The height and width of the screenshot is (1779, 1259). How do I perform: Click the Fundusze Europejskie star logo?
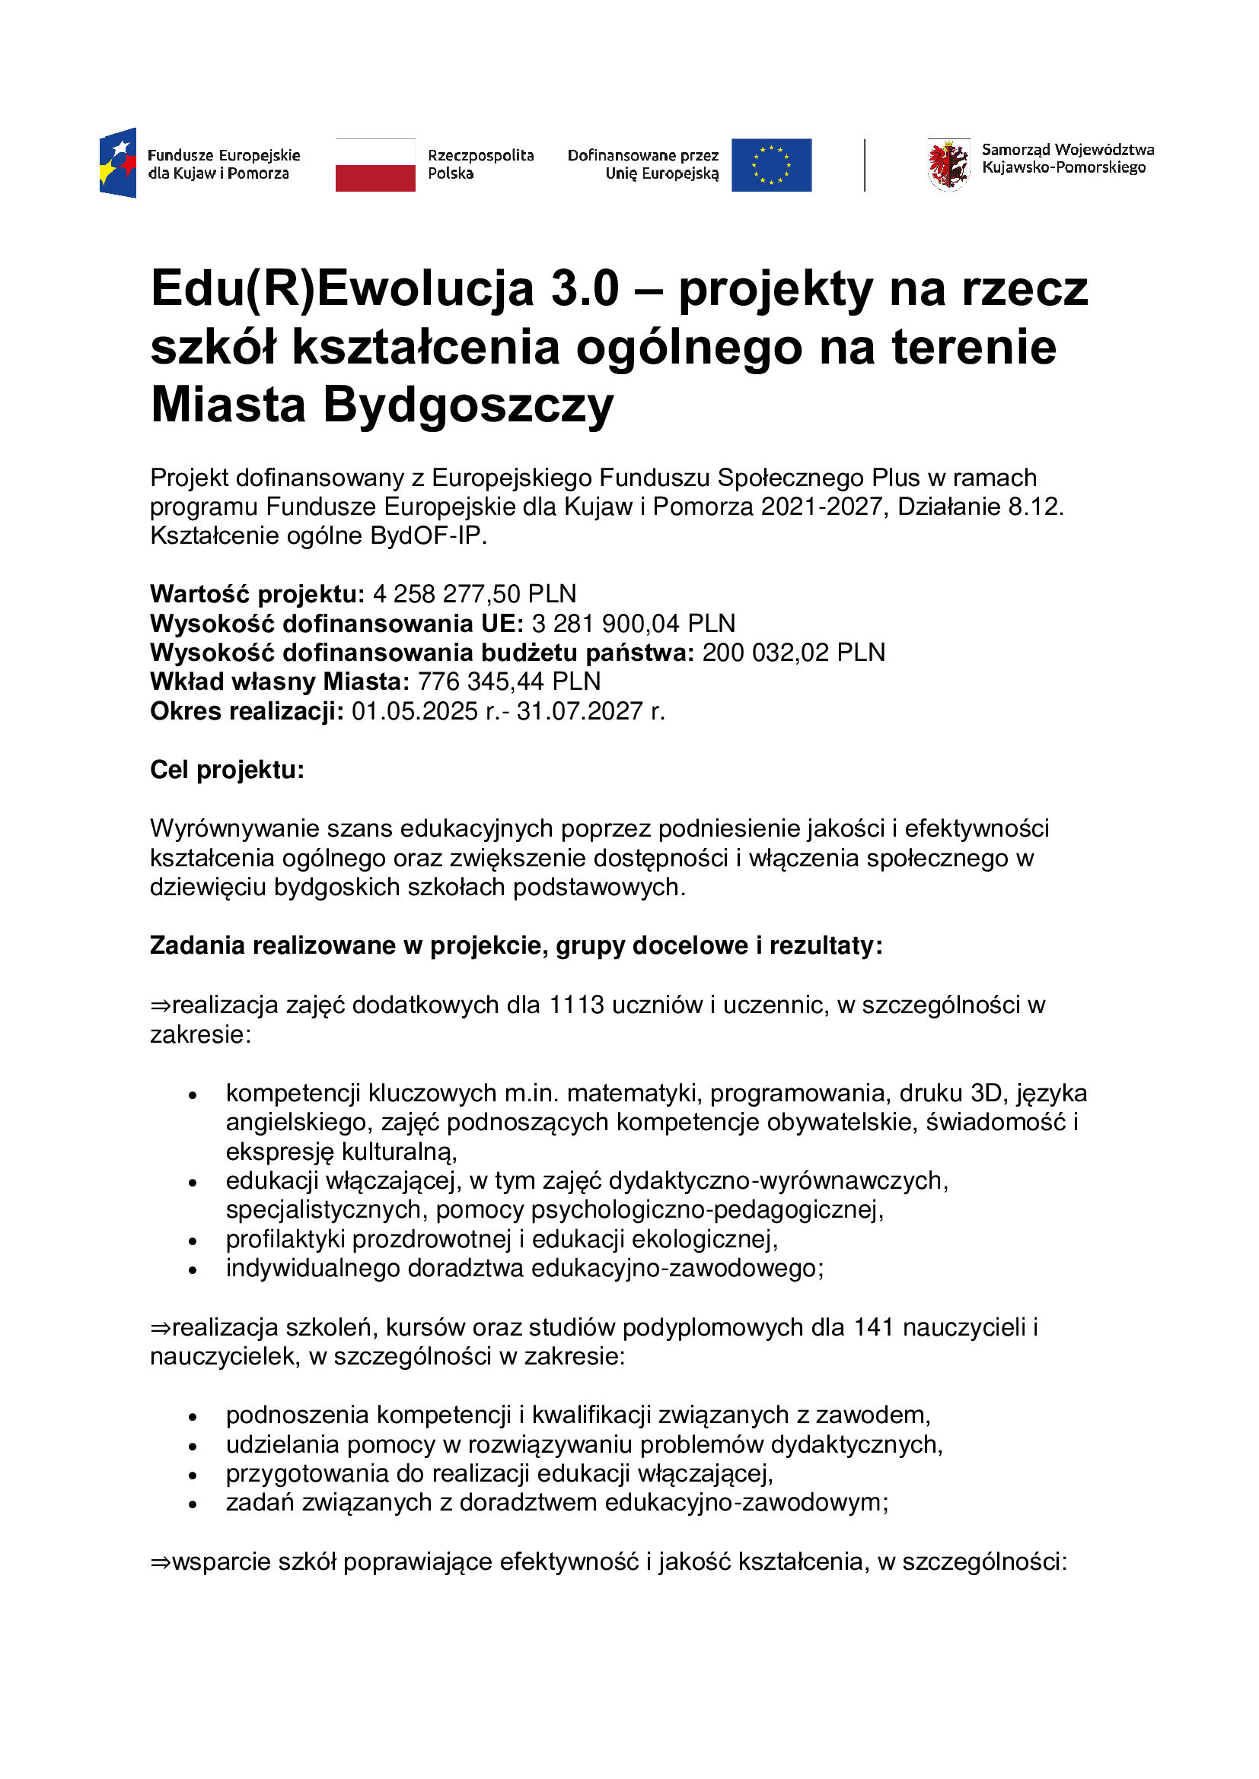tap(118, 163)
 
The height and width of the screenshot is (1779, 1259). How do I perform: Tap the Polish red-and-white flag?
tap(375, 165)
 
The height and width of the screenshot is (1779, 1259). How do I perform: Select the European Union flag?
tap(771, 165)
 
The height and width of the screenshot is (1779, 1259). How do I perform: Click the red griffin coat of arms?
tap(948, 164)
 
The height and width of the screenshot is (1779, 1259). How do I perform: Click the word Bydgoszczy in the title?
tap(468, 405)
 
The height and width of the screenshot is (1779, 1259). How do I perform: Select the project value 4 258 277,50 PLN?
tap(474, 594)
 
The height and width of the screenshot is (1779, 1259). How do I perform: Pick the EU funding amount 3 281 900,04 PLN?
tap(633, 624)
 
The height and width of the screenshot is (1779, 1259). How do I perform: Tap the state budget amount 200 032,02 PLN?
tap(794, 653)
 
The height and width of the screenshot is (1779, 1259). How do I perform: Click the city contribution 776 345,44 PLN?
tap(509, 681)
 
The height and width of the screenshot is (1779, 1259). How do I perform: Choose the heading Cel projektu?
tap(227, 770)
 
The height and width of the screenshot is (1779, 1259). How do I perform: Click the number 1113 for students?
tap(577, 1005)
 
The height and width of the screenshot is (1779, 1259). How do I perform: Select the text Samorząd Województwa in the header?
tap(1067, 151)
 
